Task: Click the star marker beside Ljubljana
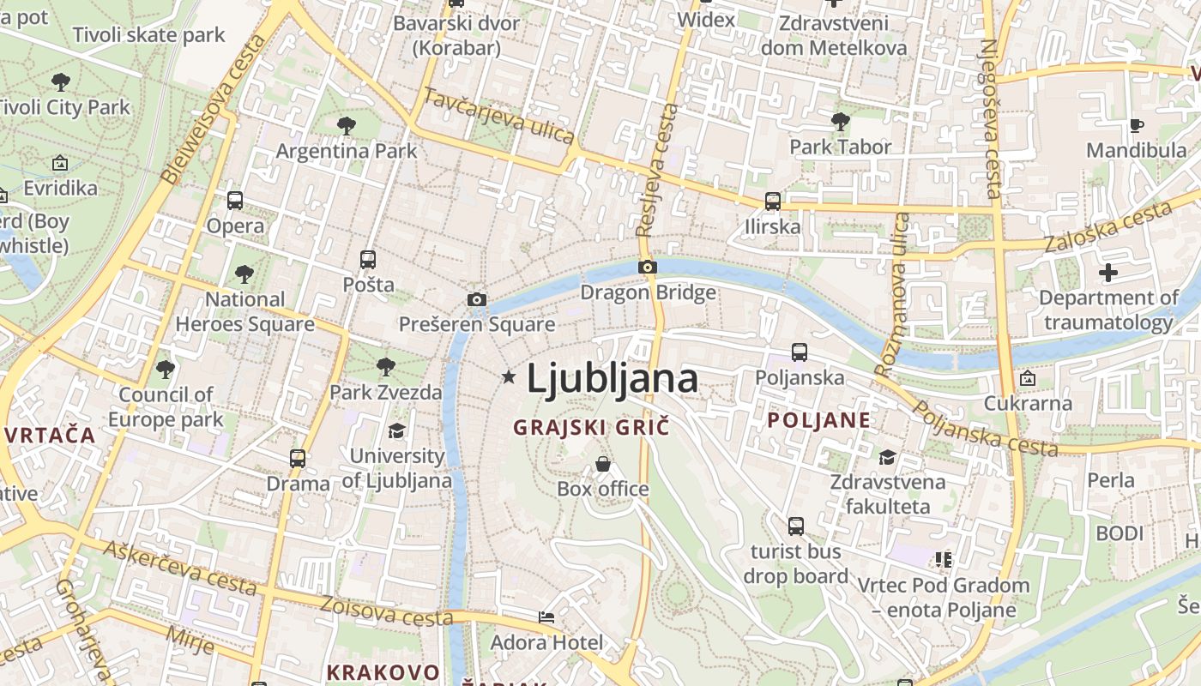tap(509, 376)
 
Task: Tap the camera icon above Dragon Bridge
tap(648, 268)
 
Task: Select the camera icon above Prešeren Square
tap(477, 299)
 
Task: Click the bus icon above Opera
tap(235, 201)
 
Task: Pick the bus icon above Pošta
tap(368, 259)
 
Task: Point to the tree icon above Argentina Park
tap(347, 126)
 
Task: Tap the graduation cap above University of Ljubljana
tap(396, 430)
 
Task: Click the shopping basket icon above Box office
tap(603, 464)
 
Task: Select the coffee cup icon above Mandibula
tap(1137, 125)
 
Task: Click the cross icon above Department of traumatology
tap(1108, 273)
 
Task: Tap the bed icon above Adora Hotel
tap(546, 617)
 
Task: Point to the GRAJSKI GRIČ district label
tap(590, 426)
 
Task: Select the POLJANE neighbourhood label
tap(818, 420)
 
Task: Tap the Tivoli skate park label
tap(148, 35)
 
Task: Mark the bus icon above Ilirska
tap(773, 202)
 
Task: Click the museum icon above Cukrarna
tap(1027, 378)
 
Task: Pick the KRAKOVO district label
tap(383, 672)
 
